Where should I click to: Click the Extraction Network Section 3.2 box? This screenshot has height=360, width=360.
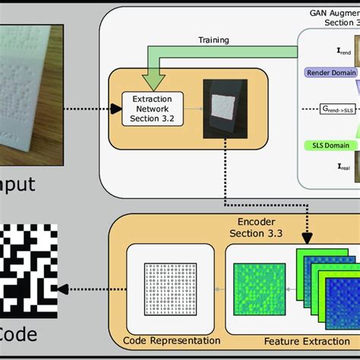pos(153,108)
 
